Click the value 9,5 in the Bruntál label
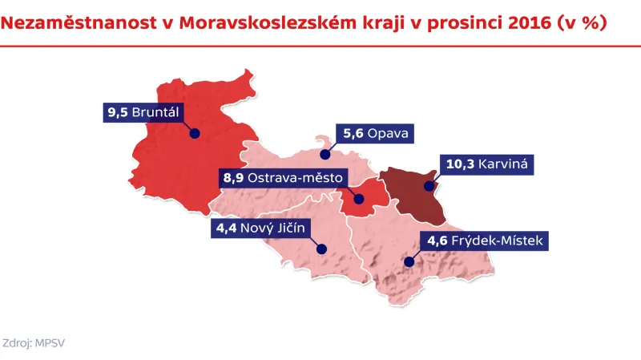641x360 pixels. tap(117, 111)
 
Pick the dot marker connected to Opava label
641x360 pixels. tap(325, 154)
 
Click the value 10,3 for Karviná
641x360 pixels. tap(460, 164)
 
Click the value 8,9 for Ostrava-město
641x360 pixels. tap(233, 177)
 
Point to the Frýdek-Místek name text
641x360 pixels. tap(498, 240)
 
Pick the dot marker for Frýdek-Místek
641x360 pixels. tap(408, 261)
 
